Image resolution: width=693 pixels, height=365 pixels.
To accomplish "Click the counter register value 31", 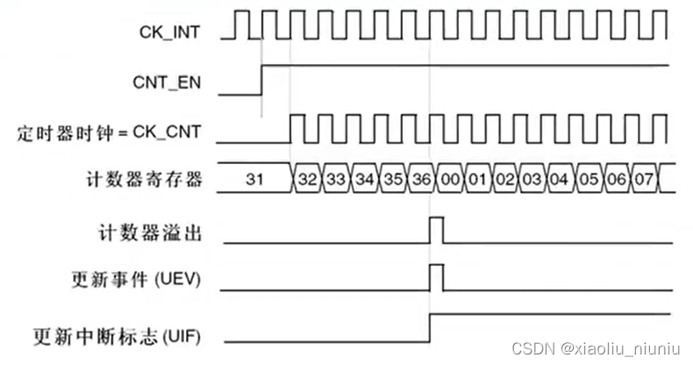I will point(254,180).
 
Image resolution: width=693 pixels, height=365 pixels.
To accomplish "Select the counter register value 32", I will point(308,180).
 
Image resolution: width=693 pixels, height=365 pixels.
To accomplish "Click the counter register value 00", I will point(450,180).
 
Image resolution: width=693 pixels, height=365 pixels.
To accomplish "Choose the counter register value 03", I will point(532,180).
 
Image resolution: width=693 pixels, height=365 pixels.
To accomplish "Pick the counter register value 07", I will point(644,180).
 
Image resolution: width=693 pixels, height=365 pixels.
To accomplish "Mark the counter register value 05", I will point(588,180).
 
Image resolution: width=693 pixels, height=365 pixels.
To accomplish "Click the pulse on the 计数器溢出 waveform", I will point(436,230).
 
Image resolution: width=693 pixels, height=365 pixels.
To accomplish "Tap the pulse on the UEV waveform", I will point(436,279).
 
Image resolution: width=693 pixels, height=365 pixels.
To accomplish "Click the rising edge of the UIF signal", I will point(429,326).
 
